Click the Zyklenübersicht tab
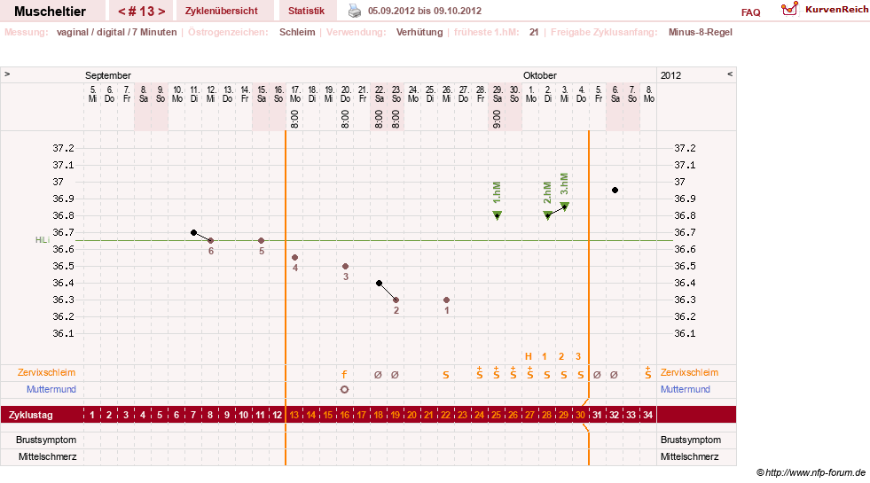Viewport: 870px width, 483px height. click(222, 11)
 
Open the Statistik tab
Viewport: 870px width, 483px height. click(306, 11)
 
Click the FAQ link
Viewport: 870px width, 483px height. click(750, 12)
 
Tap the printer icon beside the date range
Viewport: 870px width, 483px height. click(355, 11)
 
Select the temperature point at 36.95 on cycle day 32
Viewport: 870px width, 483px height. click(615, 191)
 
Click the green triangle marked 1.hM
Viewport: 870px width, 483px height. click(498, 215)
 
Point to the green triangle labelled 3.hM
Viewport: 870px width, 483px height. click(565, 206)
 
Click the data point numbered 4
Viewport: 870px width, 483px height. click(295, 258)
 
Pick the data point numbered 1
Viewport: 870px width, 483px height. click(447, 300)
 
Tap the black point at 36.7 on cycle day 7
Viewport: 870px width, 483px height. click(193, 232)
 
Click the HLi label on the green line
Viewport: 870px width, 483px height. click(43, 240)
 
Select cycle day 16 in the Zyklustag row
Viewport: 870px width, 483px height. click(345, 415)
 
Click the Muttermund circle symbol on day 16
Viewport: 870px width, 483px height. click(345, 389)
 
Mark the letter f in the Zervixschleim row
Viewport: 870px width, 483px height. click(345, 374)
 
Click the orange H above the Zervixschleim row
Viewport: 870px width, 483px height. click(529, 356)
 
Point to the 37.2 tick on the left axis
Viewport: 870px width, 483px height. click(63, 148)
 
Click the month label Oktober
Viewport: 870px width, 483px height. click(540, 75)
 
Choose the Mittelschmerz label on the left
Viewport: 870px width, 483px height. click(48, 457)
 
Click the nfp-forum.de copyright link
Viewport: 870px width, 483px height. click(811, 472)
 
